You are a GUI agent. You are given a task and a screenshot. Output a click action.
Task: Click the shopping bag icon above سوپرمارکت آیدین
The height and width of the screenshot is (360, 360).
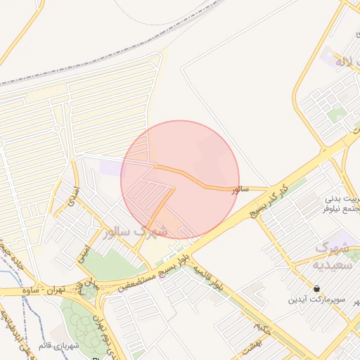tap(318, 288)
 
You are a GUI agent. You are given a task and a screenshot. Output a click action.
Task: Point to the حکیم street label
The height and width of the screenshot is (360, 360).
tap(262, 327)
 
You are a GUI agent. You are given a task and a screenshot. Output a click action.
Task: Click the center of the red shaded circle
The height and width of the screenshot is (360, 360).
tap(180, 179)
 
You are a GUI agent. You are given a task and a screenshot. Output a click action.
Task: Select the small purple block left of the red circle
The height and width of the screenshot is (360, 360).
tap(110, 167)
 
